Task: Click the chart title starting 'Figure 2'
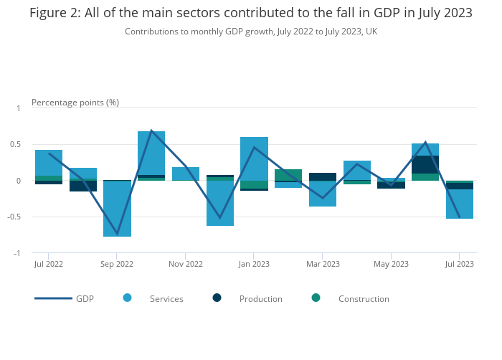coord(251,13)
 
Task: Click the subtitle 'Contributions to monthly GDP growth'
coord(251,32)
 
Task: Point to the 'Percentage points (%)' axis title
coord(75,103)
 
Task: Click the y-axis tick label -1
coord(18,253)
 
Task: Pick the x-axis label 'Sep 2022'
coord(117,264)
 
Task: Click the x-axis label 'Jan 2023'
coord(254,264)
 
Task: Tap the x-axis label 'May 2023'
coord(391,264)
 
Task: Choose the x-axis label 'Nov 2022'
coord(186,264)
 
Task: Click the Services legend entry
coord(166,299)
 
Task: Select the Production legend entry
coord(260,299)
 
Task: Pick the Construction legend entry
coord(364,299)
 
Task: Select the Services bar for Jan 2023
coord(254,158)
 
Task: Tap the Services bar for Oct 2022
coord(151,153)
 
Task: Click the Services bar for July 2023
coord(460,204)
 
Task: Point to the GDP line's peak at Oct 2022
coord(151,131)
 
